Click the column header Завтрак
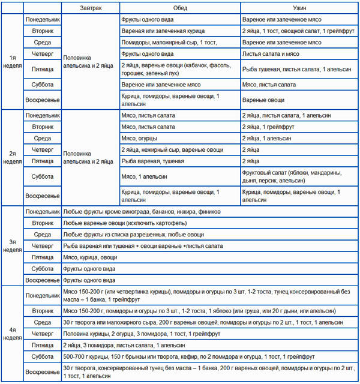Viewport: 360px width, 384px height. coord(90,8)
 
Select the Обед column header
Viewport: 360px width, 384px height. coord(179,8)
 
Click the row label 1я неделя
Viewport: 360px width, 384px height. coord(12,61)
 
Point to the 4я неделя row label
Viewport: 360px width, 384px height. coord(12,334)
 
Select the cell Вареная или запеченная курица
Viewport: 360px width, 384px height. coord(179,31)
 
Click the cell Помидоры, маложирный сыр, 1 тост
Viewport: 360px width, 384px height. coord(179,42)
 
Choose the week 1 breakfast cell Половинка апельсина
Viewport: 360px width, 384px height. coord(90,61)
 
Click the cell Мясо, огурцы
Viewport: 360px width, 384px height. coord(179,138)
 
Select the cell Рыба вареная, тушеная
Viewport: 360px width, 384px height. coord(179,161)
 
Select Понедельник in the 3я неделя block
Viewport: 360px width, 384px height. coord(42,212)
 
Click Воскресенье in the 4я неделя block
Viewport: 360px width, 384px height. coord(42,372)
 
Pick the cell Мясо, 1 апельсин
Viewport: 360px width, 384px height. coord(179,176)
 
